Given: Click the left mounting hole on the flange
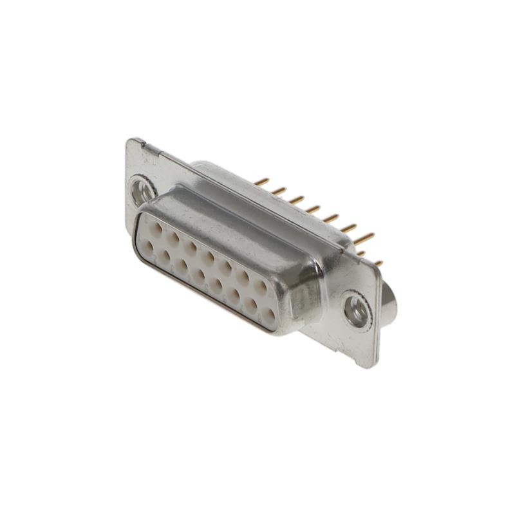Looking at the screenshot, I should pos(142,191).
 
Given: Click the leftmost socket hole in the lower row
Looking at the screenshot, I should pos(148,245).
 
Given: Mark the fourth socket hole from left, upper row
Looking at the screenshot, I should pos(208,256).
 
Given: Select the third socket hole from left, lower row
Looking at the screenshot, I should pos(183,265).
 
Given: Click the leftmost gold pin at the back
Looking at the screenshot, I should pos(261,182).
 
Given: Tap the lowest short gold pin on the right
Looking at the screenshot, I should pos(379,263).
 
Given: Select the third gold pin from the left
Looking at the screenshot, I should pos(296,200).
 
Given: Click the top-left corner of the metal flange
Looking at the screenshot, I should pos(129,141).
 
